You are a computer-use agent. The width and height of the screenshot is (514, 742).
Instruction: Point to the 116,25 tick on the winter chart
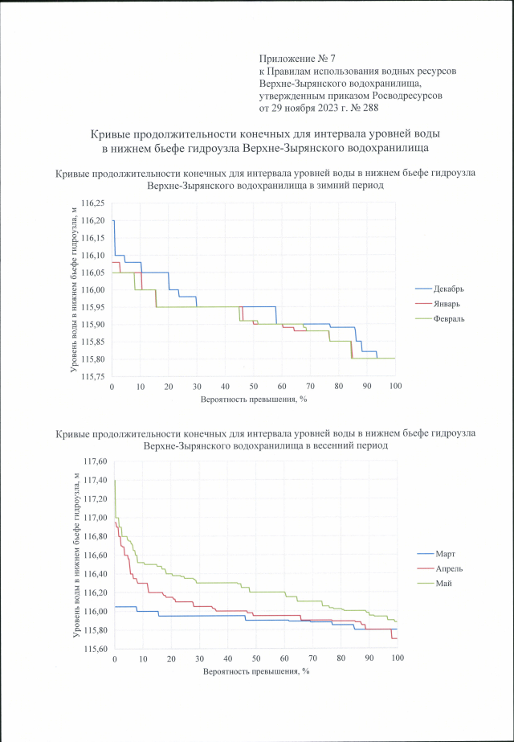(x=94, y=203)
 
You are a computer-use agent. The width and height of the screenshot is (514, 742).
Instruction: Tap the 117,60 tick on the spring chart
(x=95, y=461)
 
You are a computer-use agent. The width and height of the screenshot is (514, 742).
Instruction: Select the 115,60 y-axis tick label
(x=95, y=650)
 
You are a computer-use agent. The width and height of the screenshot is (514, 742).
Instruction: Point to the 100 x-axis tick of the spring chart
(x=398, y=659)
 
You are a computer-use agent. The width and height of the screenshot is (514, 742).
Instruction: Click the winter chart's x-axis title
(x=253, y=399)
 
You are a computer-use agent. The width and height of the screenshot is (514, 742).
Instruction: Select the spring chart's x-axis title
(x=255, y=670)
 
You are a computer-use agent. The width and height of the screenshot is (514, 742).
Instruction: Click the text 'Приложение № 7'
(x=296, y=59)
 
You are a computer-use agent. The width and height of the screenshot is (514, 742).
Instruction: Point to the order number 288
(x=369, y=106)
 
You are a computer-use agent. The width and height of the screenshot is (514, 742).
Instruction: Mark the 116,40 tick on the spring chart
(x=95, y=574)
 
